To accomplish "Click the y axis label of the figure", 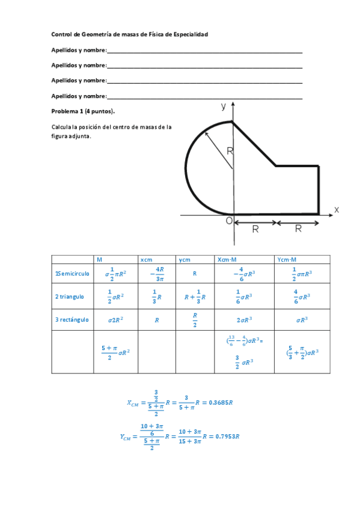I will (x=224, y=106).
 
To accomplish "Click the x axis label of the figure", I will (x=337, y=209).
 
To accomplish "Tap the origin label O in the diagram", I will (x=229, y=221).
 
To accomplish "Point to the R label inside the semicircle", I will (x=230, y=152).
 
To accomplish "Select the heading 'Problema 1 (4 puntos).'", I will (x=83, y=111).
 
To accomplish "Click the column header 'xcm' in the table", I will (x=146, y=259).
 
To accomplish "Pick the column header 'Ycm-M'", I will (x=287, y=259).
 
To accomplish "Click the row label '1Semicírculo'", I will (x=72, y=274).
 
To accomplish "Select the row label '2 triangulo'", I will (x=70, y=296).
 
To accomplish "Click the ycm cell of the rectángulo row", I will (x=195, y=319).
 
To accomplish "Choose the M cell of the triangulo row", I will (x=116, y=296).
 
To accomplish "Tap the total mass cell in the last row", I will (x=116, y=352).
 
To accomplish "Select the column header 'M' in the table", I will (x=100, y=259).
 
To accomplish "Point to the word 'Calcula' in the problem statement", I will (x=61, y=127).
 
